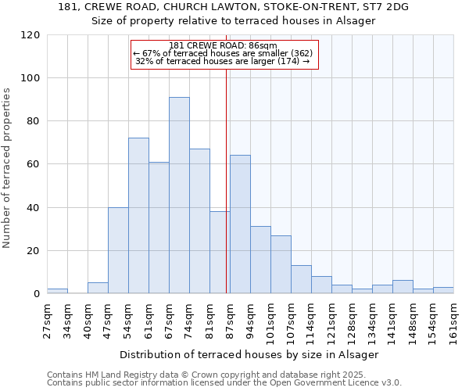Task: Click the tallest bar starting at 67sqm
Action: click(179, 195)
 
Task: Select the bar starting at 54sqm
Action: click(138, 216)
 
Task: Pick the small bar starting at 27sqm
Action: click(57, 291)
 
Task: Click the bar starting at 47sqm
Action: click(118, 250)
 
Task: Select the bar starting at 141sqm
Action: click(403, 287)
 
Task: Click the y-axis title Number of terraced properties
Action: click(7, 168)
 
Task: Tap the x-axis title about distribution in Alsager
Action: click(249, 354)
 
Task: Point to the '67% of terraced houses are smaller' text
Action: click(223, 53)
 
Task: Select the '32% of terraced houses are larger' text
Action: click(223, 61)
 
